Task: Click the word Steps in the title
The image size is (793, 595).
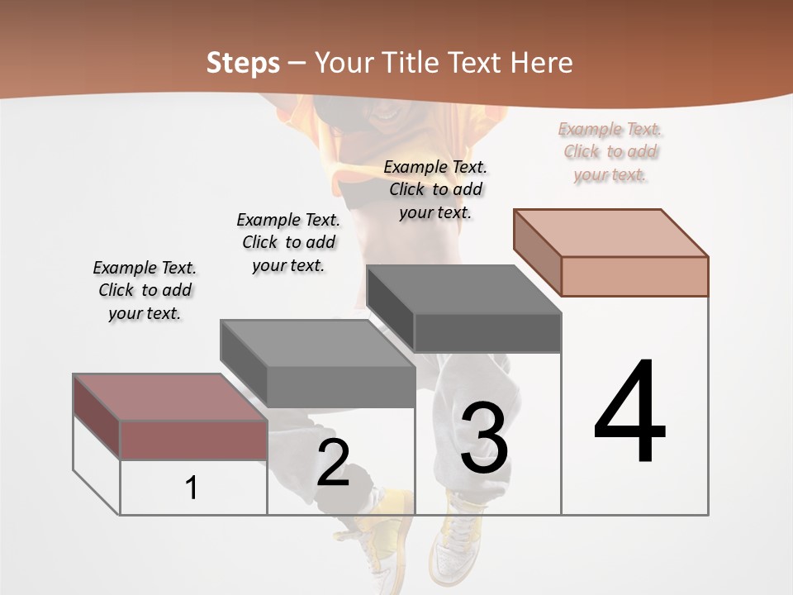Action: coord(243,63)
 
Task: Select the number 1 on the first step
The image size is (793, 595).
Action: coord(192,488)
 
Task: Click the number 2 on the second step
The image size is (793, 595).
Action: coord(333,463)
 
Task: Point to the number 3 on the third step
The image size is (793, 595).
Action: coord(484,438)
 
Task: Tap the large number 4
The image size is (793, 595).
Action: coord(629,413)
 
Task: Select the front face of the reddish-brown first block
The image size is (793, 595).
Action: coord(193,439)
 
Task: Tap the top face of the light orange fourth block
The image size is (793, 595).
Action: coord(610,232)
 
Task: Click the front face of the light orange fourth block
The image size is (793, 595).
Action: coord(634,276)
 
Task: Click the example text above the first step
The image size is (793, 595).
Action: coord(145,290)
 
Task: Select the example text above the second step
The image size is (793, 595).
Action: coord(288,242)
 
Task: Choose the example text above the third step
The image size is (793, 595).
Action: coord(435,189)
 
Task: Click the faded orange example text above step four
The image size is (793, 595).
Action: coord(610,151)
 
